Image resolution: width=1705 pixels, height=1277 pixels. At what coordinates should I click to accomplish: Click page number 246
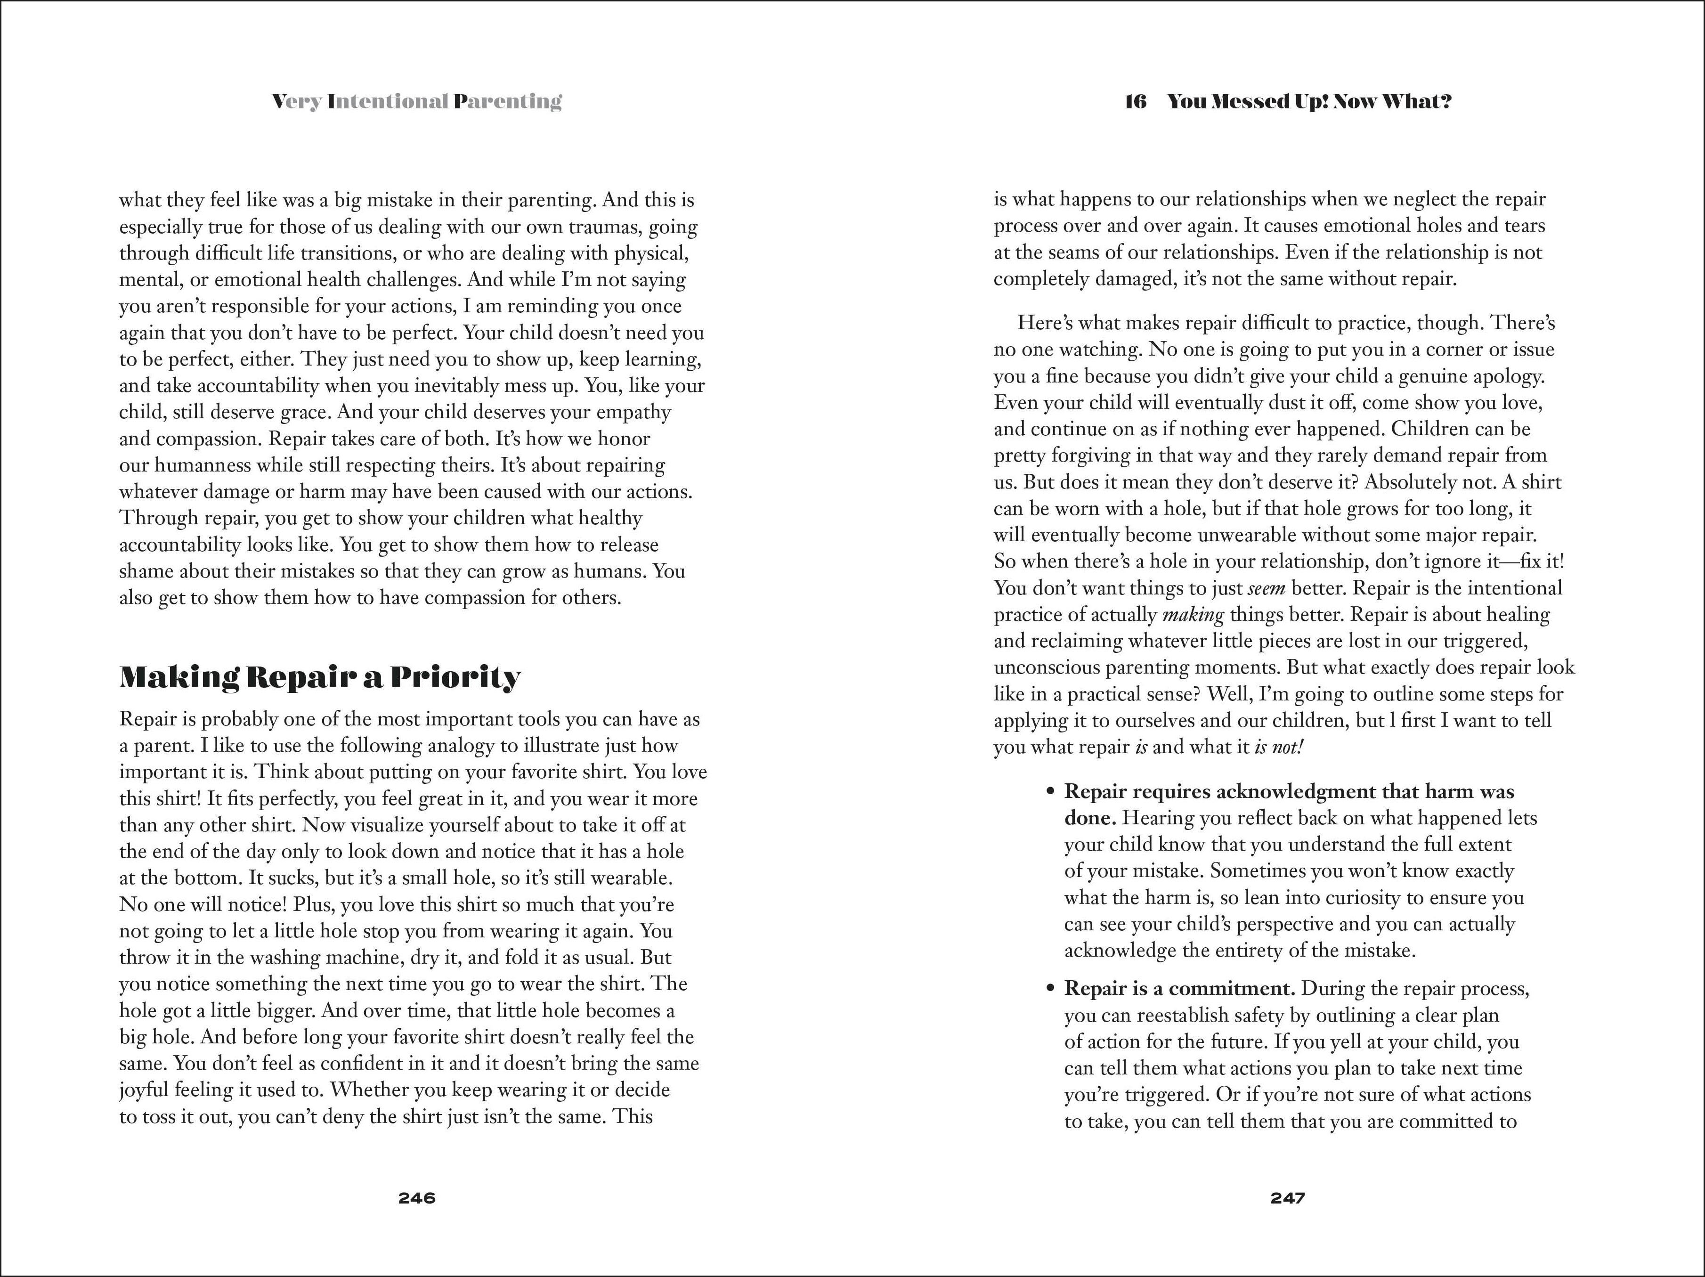tap(416, 1197)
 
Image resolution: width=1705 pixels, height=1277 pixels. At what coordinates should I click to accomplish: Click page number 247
tap(1288, 1197)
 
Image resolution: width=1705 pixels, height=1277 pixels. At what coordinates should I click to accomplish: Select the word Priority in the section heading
tap(455, 677)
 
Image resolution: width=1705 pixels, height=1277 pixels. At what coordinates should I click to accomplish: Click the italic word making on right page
tap(1193, 615)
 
